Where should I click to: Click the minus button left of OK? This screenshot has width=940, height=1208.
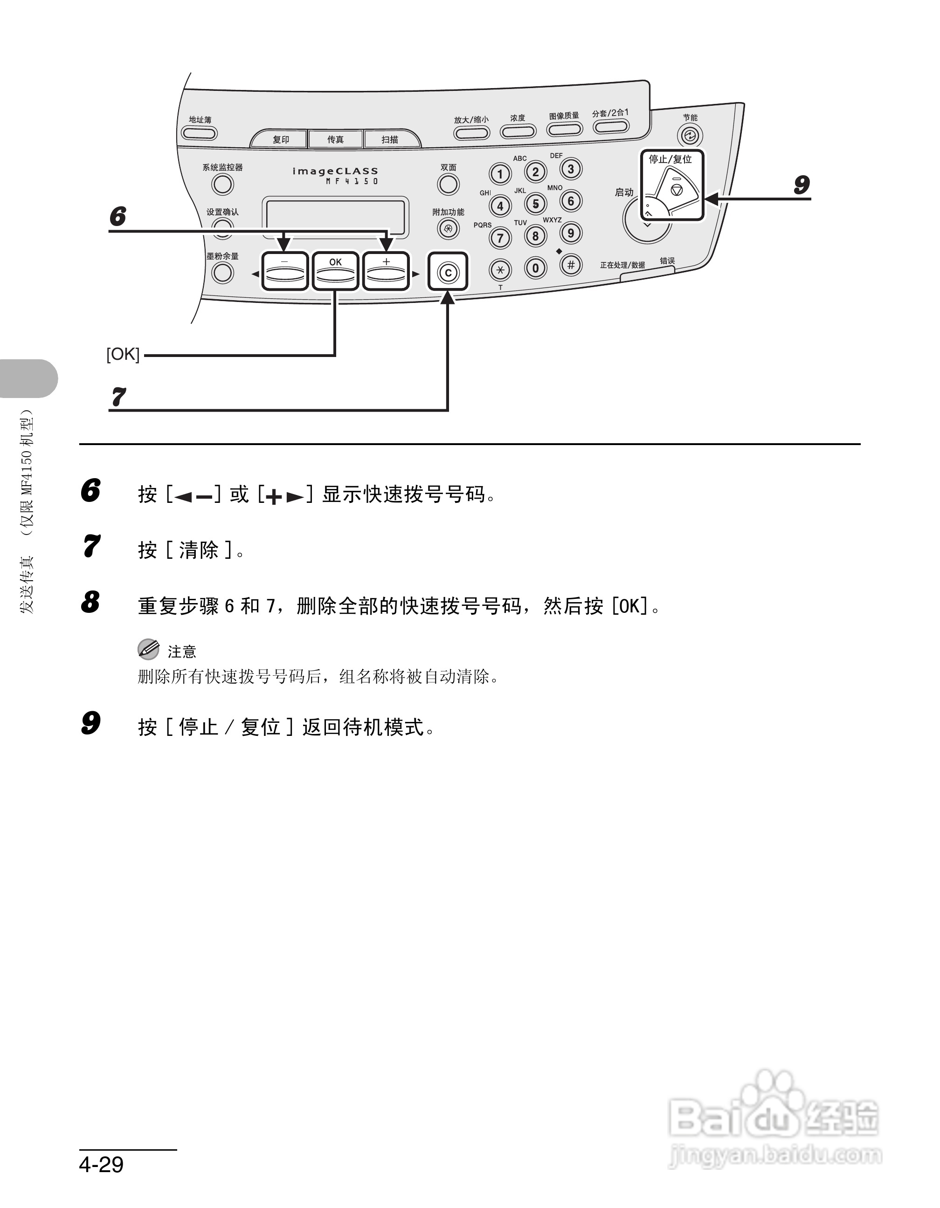[284, 271]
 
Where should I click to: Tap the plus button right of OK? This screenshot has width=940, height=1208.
[386, 271]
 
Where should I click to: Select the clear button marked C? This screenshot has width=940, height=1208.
[448, 272]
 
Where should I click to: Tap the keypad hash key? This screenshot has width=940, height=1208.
[570, 265]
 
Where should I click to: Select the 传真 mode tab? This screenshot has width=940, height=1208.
[335, 139]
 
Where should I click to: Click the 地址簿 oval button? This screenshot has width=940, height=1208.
[199, 133]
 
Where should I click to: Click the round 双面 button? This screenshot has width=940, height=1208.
[448, 184]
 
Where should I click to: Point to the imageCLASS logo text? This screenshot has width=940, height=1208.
[335, 172]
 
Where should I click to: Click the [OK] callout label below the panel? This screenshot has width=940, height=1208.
[123, 354]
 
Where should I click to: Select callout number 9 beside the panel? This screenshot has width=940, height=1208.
[801, 185]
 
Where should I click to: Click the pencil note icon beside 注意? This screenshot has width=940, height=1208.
[148, 649]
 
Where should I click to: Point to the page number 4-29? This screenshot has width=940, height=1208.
[101, 1164]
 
